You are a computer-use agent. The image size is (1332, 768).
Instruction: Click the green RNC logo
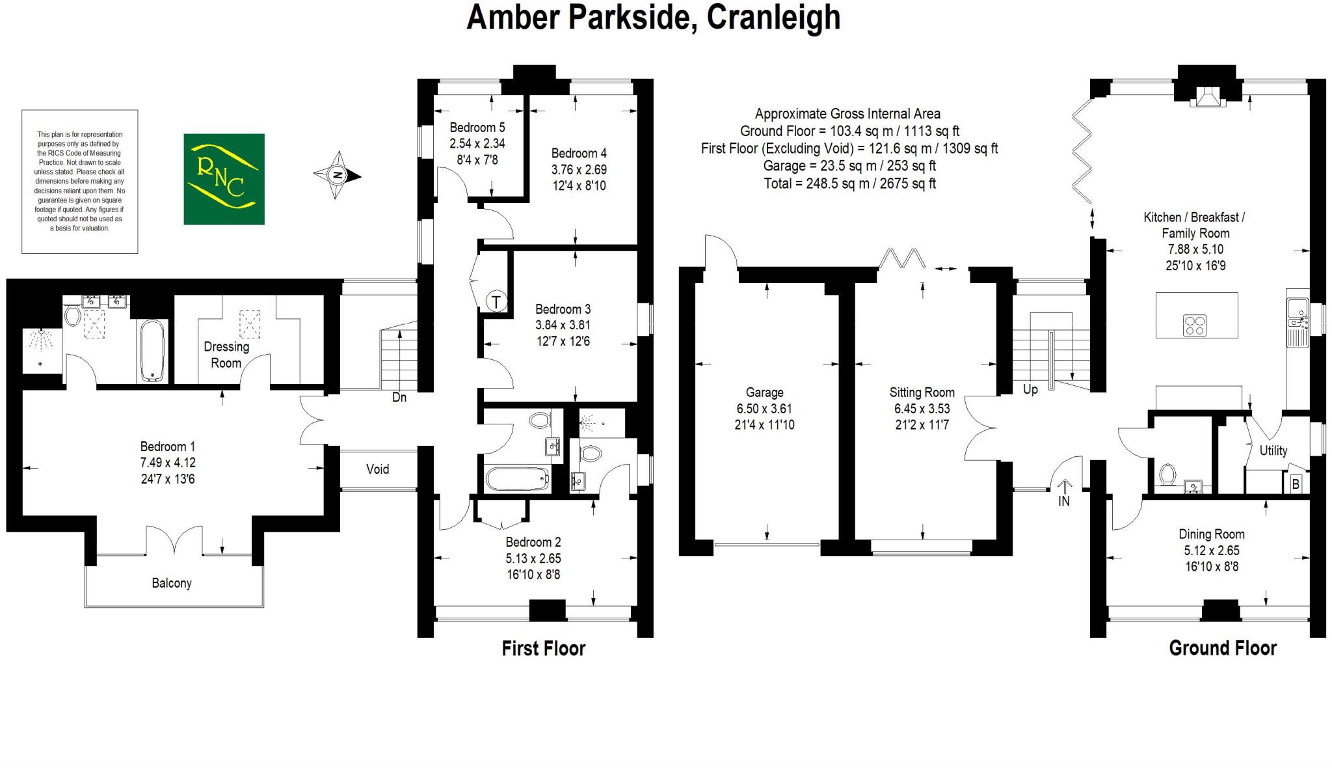pos(224,179)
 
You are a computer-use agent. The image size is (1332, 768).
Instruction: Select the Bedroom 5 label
pos(477,128)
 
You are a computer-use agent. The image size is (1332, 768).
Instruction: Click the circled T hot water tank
pos(497,302)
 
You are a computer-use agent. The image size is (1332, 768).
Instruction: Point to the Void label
pos(377,469)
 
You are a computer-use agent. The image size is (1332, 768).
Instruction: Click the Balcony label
pos(172,583)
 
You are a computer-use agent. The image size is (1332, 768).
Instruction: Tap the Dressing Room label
pos(226,355)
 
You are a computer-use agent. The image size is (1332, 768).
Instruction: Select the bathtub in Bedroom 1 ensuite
pos(153,350)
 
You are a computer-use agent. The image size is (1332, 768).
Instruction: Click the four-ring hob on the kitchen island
pos(1194,325)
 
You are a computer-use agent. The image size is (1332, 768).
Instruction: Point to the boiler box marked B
pos(1296,484)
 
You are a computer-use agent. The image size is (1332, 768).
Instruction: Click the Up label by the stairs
pos(1030,389)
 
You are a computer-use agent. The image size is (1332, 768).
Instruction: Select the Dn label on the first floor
pos(399,397)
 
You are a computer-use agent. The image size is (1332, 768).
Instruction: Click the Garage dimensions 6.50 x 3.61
pos(764,409)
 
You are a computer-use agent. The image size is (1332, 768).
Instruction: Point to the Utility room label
pos(1273,450)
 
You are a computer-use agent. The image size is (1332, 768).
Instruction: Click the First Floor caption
pos(543,648)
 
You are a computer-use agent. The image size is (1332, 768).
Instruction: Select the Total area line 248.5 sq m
pos(849,184)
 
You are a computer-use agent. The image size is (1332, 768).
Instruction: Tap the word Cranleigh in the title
pos(773,17)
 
